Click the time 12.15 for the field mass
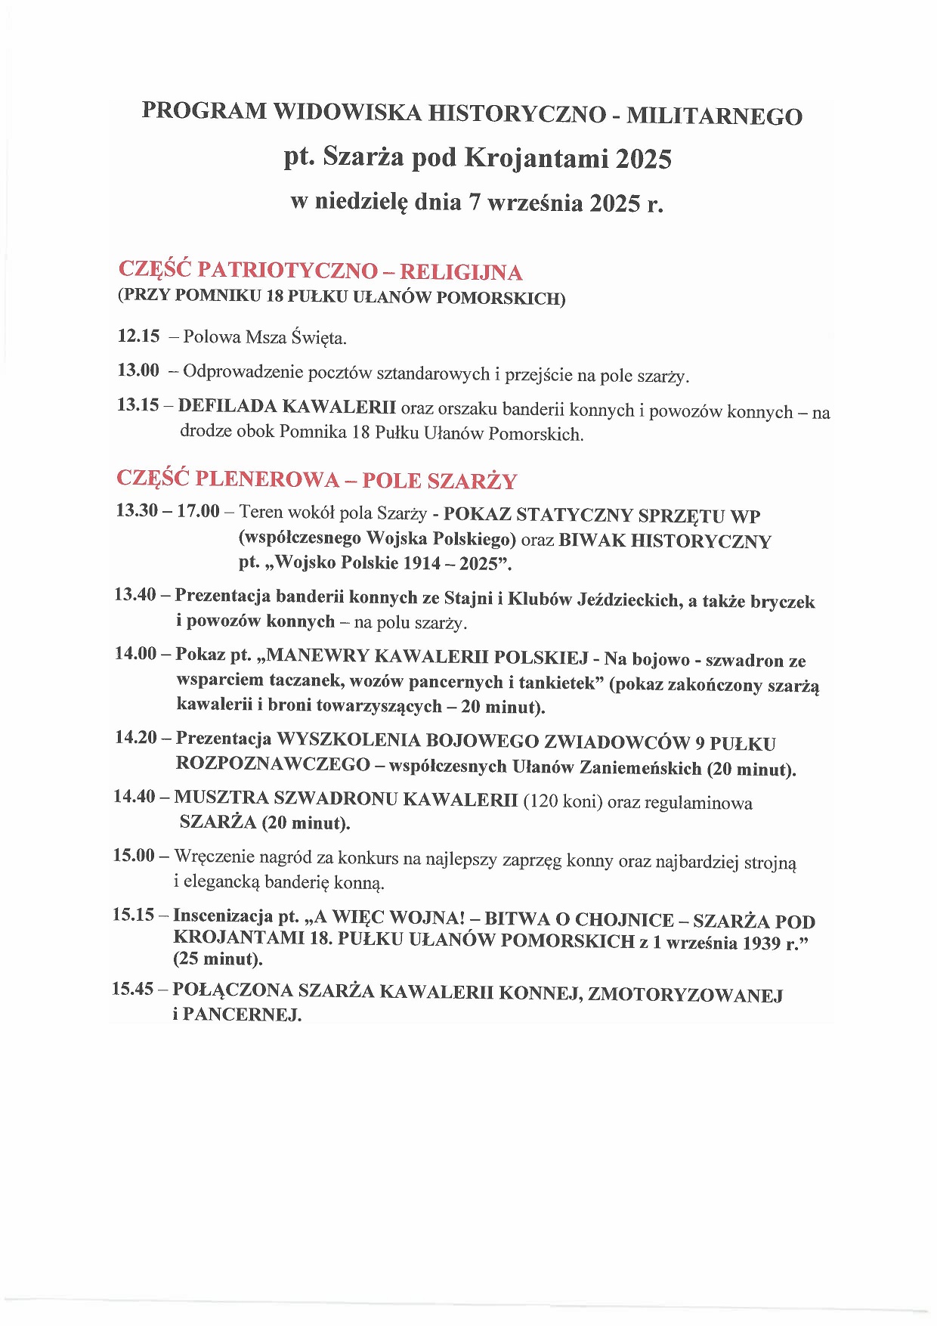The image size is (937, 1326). tap(139, 336)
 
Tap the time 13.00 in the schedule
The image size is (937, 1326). tap(138, 370)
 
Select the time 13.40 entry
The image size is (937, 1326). tap(135, 595)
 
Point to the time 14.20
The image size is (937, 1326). tap(136, 737)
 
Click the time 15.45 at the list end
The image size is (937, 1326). tap(134, 989)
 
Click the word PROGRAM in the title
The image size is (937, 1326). tap(204, 111)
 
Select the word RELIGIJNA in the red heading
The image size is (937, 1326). tap(461, 272)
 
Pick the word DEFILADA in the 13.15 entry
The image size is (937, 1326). tap(227, 406)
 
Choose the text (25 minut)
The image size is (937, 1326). tap(218, 959)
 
